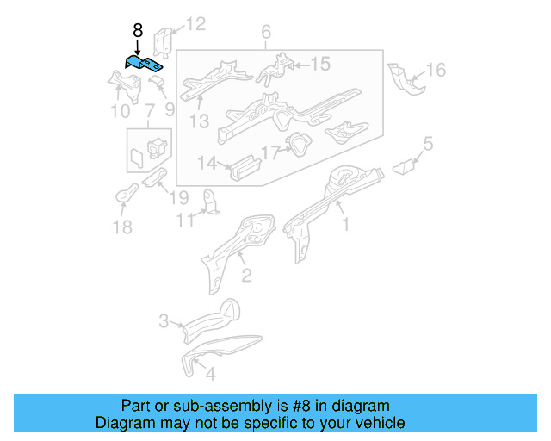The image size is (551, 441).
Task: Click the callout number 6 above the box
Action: [266, 33]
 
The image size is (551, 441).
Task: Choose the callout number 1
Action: [346, 225]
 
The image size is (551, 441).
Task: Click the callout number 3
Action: [164, 322]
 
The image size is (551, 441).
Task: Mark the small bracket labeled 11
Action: [209, 201]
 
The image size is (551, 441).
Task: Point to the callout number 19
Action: [178, 197]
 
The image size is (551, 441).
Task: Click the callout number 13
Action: [200, 121]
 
